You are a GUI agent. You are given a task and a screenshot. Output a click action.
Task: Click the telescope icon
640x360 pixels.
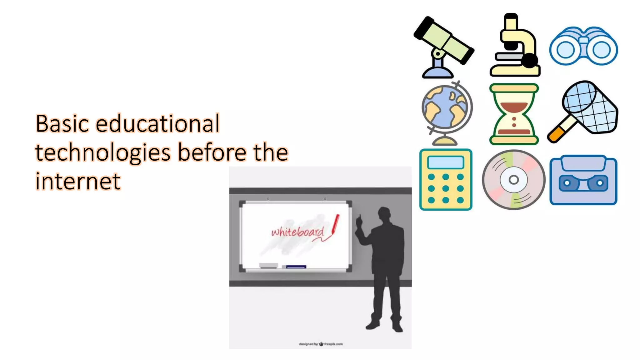click(444, 47)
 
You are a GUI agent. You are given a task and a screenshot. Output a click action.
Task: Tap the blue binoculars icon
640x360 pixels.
click(583, 47)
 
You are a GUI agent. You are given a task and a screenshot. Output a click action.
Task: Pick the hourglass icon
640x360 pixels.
click(514, 114)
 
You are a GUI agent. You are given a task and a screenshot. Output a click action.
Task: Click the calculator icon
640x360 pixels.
click(446, 180)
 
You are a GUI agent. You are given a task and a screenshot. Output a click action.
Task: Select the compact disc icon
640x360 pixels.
click(513, 180)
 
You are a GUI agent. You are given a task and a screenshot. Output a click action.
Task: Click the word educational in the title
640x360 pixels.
click(157, 124)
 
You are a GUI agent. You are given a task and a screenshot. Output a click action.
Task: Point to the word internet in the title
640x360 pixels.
click(78, 181)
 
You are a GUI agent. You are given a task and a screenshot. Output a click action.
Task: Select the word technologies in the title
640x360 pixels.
click(103, 152)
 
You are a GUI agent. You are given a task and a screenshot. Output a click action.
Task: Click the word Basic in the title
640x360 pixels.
click(62, 124)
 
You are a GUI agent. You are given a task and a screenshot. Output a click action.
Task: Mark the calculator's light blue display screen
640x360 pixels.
click(446, 162)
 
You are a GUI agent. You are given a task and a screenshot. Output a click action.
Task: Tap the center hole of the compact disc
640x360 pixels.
click(513, 180)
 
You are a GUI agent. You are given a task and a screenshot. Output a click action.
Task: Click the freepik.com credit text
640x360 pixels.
click(333, 344)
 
